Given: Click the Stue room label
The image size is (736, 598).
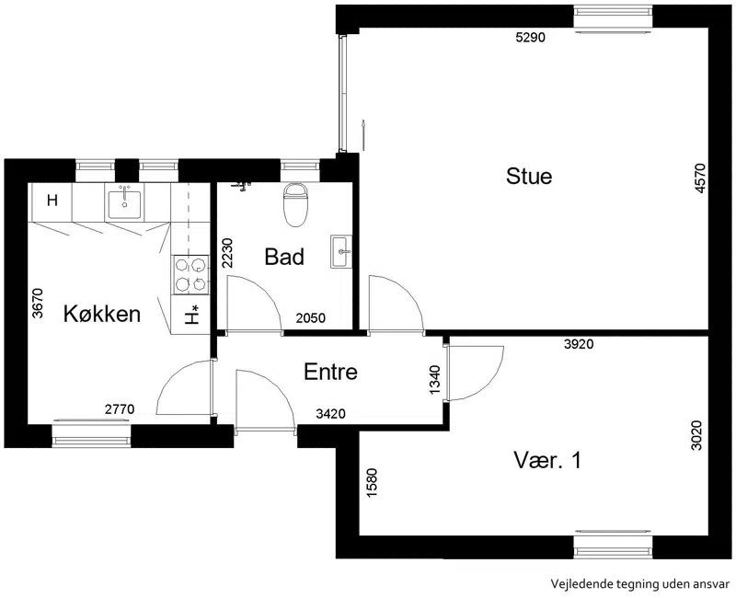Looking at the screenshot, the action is click(x=529, y=177).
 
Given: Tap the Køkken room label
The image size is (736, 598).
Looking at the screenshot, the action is click(x=102, y=314).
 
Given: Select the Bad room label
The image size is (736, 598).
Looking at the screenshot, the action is click(x=284, y=257).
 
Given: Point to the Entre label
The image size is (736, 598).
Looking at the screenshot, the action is click(x=330, y=372).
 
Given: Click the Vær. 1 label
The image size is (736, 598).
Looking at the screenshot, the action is click(x=547, y=460).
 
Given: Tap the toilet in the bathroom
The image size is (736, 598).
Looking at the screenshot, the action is click(x=295, y=205).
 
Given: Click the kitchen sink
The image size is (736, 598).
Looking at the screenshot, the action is click(x=124, y=202).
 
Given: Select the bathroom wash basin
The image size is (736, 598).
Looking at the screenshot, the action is click(x=341, y=251).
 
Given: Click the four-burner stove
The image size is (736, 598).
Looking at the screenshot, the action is click(x=190, y=274).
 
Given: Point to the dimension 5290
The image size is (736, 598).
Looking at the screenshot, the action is click(x=531, y=38).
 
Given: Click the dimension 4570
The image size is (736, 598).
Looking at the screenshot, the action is click(x=700, y=178).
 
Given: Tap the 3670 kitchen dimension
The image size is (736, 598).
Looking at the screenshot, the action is click(x=37, y=303).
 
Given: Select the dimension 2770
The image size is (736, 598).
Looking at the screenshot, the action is click(x=120, y=409).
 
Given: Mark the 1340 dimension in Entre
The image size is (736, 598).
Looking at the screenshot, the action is click(x=435, y=380).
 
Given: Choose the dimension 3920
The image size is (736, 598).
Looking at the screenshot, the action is click(x=579, y=344).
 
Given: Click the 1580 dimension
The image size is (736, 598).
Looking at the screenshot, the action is click(x=372, y=483).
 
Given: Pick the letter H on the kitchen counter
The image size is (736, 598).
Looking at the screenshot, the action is click(x=52, y=201).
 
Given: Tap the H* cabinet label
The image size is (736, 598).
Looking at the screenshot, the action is click(x=191, y=315).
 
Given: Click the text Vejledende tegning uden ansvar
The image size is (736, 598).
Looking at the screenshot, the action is click(x=640, y=584).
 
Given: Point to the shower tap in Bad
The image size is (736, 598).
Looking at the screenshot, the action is click(x=242, y=187).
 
